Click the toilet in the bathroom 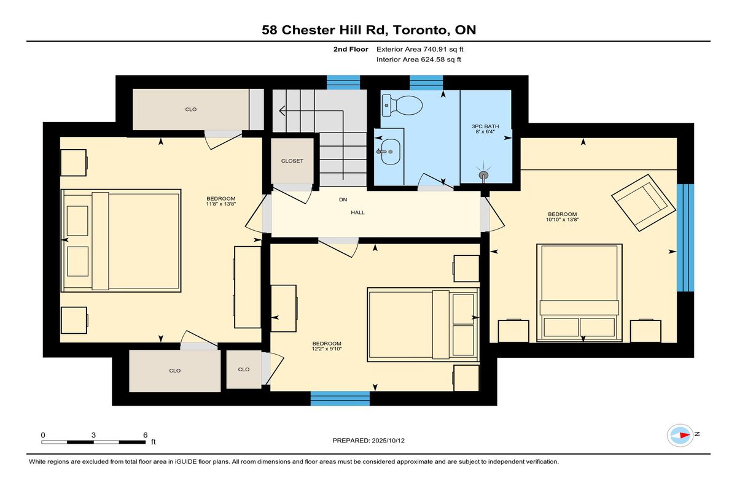click(402, 106)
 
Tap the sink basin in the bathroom click(390, 152)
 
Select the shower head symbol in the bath click(483, 174)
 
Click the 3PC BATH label click(485, 126)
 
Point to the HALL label click(357, 213)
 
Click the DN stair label click(343, 199)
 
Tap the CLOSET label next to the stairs click(292, 161)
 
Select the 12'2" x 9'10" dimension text click(327, 349)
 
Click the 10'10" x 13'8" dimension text click(562, 220)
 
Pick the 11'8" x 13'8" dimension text click(220, 204)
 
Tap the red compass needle click(685, 435)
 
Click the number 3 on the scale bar click(93, 435)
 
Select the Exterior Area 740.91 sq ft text click(420, 49)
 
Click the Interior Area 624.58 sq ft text click(418, 60)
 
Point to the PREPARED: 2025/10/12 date click(368, 441)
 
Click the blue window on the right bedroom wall click(685, 237)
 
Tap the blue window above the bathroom click(426, 82)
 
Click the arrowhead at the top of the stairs click(282, 110)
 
